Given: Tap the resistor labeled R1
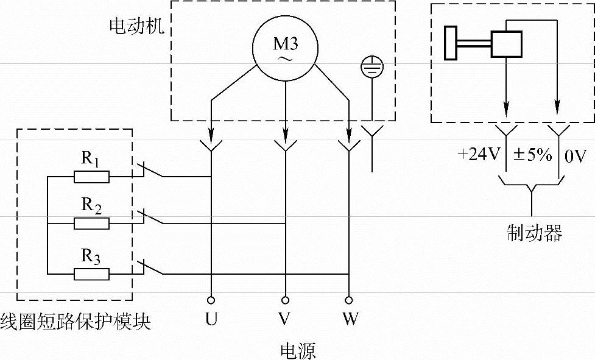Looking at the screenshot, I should click(91, 177).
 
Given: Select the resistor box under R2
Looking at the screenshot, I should click(91, 224).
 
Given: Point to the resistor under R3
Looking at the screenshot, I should click(91, 274).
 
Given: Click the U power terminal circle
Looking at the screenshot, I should click(210, 299).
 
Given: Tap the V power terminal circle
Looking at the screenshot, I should click(285, 299).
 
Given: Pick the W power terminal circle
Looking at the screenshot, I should click(348, 299).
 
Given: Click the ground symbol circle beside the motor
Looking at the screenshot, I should click(370, 66).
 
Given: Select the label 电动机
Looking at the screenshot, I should click(136, 26).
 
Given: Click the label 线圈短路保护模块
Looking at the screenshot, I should click(75, 321).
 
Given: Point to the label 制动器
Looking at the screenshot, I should click(533, 232).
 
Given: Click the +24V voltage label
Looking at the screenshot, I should click(478, 155).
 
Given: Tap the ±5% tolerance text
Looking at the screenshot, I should click(532, 155).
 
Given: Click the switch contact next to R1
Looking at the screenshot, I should click(150, 171).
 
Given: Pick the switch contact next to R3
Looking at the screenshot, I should click(150, 268).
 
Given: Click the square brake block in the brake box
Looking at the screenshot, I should click(506, 44).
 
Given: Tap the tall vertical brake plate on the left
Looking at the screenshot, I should click(451, 43).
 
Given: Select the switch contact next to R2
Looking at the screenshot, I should click(150, 217).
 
